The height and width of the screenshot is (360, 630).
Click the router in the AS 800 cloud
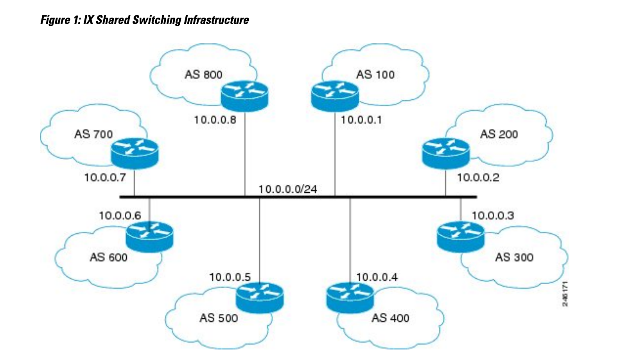[x=244, y=96]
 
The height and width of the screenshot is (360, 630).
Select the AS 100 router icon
[x=335, y=96]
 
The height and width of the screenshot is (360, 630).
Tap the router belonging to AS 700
[x=135, y=154]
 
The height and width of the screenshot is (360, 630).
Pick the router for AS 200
[x=446, y=154]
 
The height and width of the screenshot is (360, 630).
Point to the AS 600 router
[x=150, y=236]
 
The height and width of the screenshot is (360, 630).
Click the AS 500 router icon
[x=260, y=298]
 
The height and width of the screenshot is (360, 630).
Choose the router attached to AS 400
[x=350, y=298]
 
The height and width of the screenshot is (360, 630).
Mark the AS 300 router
[x=461, y=236]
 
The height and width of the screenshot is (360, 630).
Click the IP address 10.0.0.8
[x=215, y=120]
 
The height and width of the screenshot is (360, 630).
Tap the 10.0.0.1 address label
[x=362, y=120]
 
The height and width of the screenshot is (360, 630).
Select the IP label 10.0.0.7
[x=105, y=177]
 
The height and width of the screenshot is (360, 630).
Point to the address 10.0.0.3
[x=493, y=215]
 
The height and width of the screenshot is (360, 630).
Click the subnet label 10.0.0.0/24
[x=288, y=190]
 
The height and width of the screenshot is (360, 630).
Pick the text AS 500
[x=219, y=318]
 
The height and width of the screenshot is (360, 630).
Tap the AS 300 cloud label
[x=514, y=258]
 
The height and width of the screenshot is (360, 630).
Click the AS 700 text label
[x=93, y=134]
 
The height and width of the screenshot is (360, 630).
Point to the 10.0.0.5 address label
[x=230, y=278]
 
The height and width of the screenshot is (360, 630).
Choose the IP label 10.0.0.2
[x=478, y=177]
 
